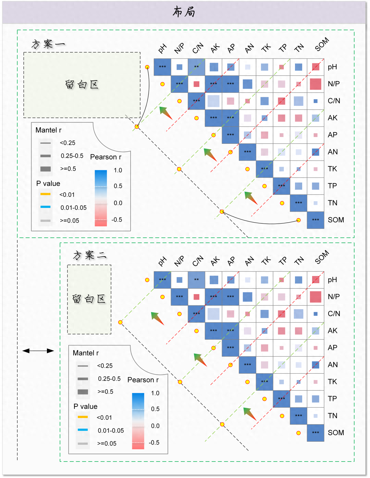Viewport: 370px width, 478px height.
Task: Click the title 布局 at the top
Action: coord(184,12)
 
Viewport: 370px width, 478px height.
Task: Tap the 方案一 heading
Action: coord(48,44)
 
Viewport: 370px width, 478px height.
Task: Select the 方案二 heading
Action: coord(90,255)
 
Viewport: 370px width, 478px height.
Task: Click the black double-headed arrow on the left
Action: coord(38,351)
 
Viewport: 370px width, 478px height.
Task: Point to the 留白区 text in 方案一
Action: coord(82,85)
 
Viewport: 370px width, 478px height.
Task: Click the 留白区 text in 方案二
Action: coord(89,299)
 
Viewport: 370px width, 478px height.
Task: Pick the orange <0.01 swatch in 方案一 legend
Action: coord(45,194)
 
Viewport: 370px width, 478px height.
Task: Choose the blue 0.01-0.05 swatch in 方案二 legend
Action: coord(83,430)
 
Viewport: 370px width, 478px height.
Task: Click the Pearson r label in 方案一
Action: coord(106,157)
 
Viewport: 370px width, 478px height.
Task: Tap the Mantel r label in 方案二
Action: coord(86,353)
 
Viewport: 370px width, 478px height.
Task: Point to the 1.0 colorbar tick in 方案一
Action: coord(118,170)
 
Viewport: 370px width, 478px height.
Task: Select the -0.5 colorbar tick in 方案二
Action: coord(154,442)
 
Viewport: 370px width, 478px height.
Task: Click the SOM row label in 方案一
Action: coord(336,220)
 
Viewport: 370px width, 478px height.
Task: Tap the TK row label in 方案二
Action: coord(332,382)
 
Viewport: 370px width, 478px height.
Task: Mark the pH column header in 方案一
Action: coord(162,49)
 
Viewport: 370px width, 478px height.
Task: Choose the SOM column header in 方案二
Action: coord(322,257)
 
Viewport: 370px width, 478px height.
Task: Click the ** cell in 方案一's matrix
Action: coord(196,67)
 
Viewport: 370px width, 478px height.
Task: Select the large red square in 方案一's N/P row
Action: coord(316,84)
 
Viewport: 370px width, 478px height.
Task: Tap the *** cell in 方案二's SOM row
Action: coord(316,433)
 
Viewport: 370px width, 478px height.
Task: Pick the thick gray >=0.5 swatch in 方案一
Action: coord(45,169)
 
